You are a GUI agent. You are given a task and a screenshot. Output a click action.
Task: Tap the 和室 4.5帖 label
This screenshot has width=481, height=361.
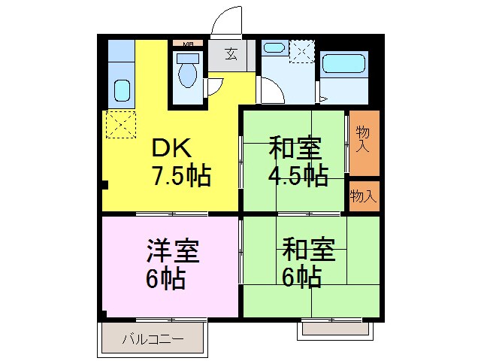click(x=298, y=161)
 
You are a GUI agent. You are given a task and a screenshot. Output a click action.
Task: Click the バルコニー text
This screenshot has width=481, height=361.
click(x=153, y=340)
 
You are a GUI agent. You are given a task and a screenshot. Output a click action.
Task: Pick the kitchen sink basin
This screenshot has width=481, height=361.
click(x=120, y=90)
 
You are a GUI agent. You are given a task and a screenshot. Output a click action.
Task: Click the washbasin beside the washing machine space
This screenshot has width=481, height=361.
click(x=274, y=48)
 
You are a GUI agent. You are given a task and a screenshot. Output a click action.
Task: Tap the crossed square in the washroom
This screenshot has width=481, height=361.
click(x=301, y=52)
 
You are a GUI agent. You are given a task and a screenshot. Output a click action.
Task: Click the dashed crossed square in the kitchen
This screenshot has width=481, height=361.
click(x=119, y=124)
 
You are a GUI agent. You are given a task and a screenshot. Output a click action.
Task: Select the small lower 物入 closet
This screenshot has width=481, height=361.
click(x=364, y=196)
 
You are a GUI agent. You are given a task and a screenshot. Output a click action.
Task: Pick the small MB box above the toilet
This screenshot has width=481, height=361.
click(x=187, y=44)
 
